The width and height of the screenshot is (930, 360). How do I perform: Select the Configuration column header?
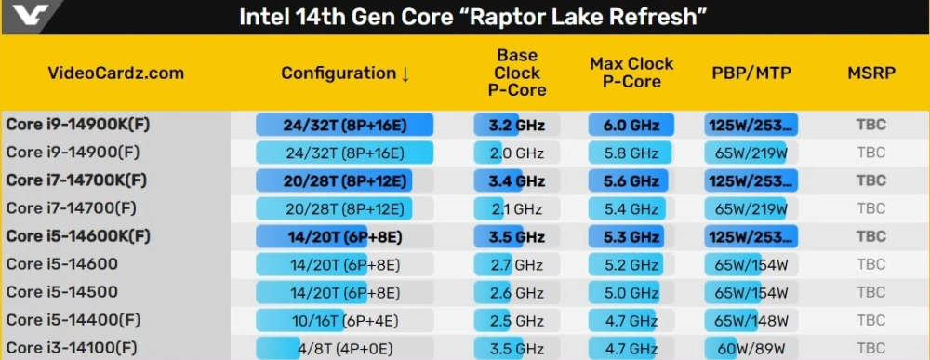tap(339, 73)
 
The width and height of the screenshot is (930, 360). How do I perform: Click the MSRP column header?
tap(871, 73)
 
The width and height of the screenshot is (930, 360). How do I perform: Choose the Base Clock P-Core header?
tap(517, 73)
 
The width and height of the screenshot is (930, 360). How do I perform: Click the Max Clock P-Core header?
tap(631, 73)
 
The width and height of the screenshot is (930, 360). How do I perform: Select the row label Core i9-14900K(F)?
tap(78, 125)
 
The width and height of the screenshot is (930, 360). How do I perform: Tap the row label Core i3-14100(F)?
tap(73, 348)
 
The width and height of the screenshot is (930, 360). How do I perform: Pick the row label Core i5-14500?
tap(61, 292)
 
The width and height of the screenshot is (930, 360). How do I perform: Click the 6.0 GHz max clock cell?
tap(631, 125)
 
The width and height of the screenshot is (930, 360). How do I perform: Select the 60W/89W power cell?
tap(752, 348)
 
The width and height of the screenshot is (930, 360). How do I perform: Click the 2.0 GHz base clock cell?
tap(517, 153)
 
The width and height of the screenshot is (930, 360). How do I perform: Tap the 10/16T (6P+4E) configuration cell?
tap(345, 321)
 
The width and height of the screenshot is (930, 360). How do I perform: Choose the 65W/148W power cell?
tap(752, 321)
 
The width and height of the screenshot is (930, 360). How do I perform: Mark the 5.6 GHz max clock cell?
tap(631, 180)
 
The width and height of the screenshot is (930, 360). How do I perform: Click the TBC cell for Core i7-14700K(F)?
tap(871, 180)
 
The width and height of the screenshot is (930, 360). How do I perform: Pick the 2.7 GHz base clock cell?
tap(517, 264)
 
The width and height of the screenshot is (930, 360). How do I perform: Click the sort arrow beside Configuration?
tap(405, 74)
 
